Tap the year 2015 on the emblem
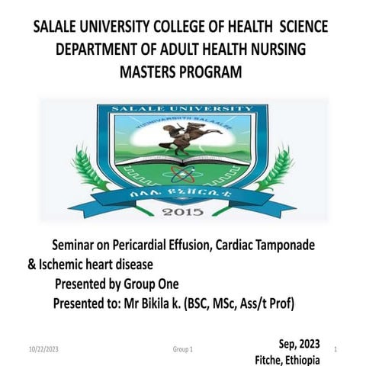click(x=182, y=210)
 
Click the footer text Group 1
click(x=182, y=348)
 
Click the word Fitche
click(x=273, y=359)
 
